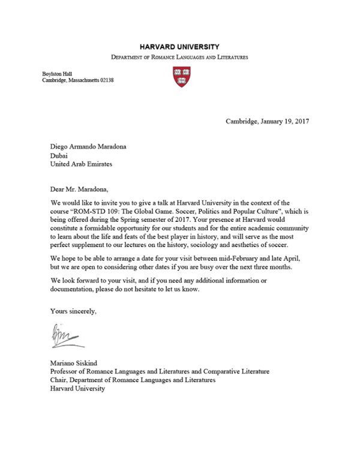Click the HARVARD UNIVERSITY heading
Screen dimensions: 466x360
[179, 46]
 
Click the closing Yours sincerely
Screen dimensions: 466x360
[70, 311]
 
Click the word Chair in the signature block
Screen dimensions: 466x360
[60, 380]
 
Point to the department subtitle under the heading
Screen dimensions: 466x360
[179, 57]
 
